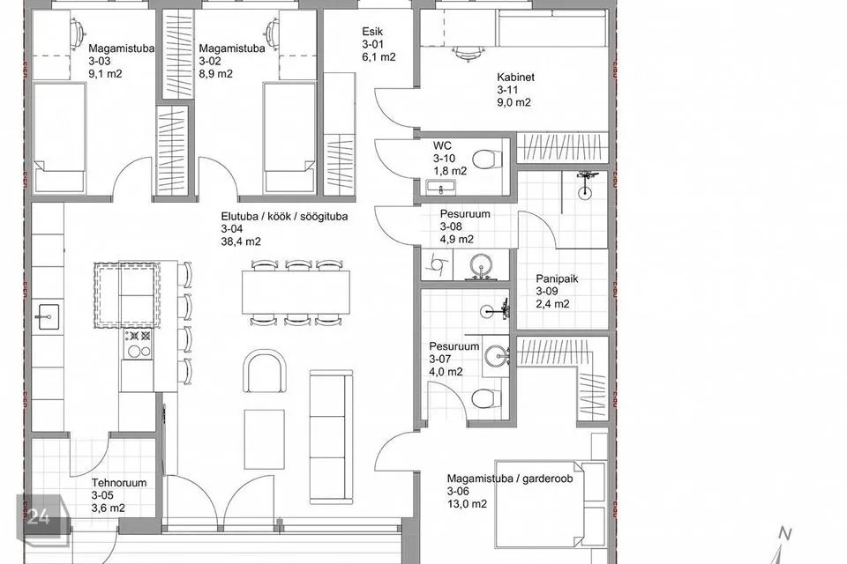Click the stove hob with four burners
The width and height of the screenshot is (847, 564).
click(x=138, y=344)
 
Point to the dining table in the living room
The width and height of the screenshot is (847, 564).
click(x=296, y=292)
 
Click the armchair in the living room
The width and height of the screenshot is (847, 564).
click(x=265, y=372)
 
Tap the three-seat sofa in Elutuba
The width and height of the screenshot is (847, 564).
click(x=331, y=436)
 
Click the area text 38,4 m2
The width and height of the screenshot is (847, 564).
click(x=241, y=241)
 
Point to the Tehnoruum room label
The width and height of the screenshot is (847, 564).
click(x=119, y=483)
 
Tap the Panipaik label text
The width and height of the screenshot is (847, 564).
click(x=557, y=278)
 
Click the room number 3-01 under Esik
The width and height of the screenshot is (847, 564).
click(x=372, y=44)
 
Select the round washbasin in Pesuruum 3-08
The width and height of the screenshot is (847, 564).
click(x=480, y=266)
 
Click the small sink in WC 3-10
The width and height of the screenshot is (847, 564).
click(x=441, y=188)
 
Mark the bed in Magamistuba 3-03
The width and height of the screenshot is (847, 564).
click(x=59, y=137)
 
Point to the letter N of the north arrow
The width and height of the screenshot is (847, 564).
click(x=785, y=534)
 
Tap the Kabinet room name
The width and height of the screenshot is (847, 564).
click(x=516, y=77)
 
